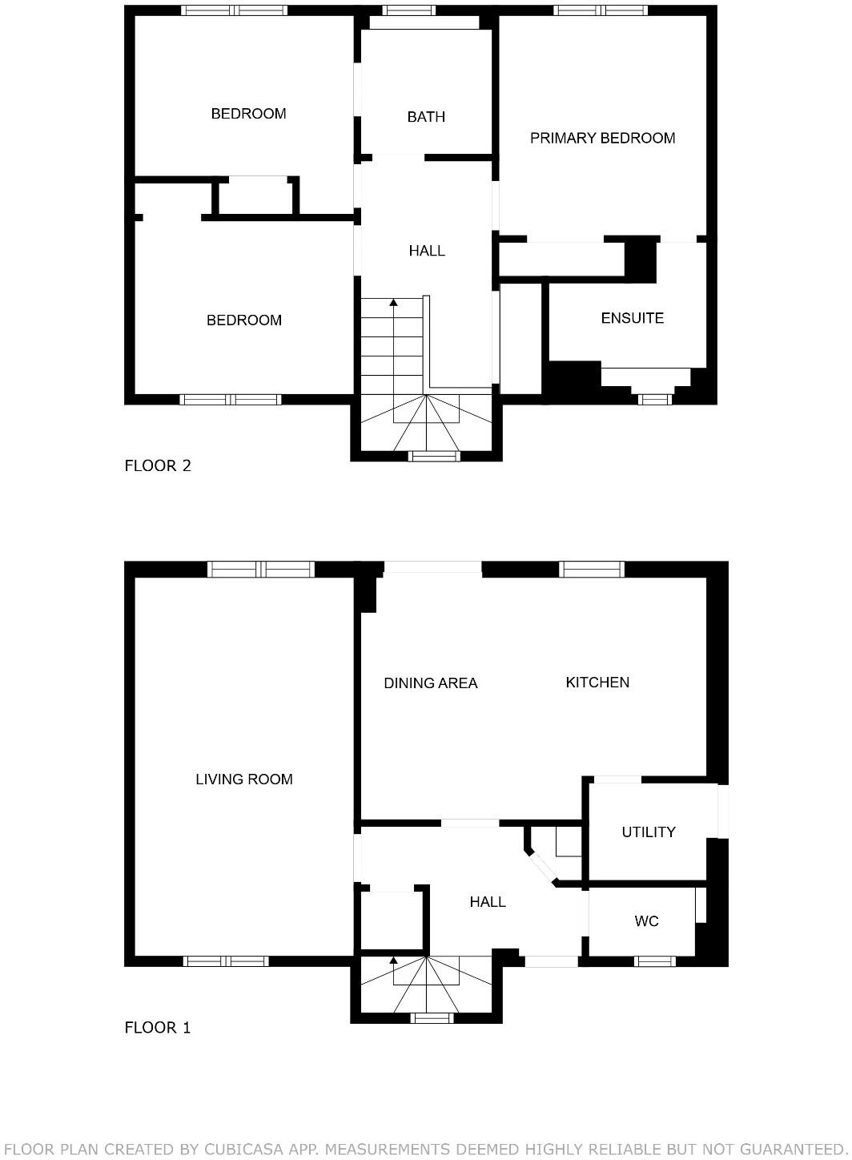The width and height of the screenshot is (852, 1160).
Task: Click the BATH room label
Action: coord(426,117)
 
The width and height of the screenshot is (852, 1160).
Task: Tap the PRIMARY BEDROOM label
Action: coord(602,138)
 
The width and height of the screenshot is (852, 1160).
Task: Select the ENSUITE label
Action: coord(632,318)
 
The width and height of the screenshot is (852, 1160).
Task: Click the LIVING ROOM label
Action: coord(243,779)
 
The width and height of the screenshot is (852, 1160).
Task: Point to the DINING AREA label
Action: coord(430,683)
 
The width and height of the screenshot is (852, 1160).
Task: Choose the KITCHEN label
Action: coord(597,683)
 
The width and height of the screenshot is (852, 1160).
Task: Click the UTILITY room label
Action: coord(648,832)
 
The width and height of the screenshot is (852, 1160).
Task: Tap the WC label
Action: coord(646,921)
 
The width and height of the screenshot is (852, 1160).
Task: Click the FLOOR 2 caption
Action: coord(158,465)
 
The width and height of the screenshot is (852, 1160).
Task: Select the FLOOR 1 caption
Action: coord(158,1028)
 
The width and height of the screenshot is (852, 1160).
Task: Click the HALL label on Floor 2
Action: coord(427,251)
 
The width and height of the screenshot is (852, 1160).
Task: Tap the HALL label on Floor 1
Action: coord(487,902)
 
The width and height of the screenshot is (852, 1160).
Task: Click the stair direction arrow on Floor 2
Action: coord(393,303)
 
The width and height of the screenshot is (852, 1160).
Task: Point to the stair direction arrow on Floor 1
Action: coord(393,960)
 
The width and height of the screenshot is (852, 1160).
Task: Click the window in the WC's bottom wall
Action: coord(654,961)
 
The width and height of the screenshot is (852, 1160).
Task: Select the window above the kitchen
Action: coord(591,569)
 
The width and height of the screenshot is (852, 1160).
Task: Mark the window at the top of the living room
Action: coord(260,569)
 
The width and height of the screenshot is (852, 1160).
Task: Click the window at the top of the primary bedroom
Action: coord(601,10)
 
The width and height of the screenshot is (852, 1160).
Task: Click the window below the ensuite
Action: coord(654,399)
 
